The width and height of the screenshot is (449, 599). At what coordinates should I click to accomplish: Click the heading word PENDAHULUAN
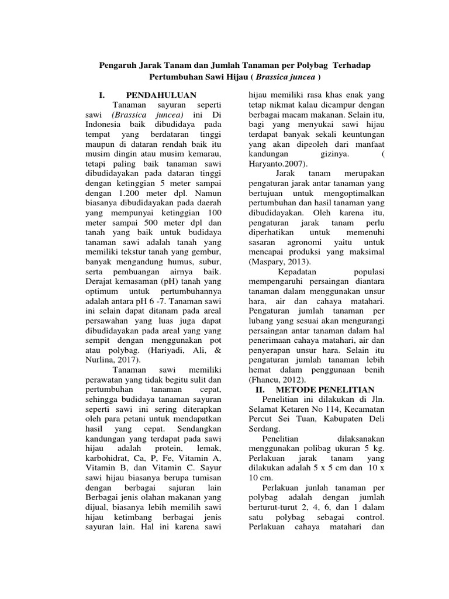point(161,95)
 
